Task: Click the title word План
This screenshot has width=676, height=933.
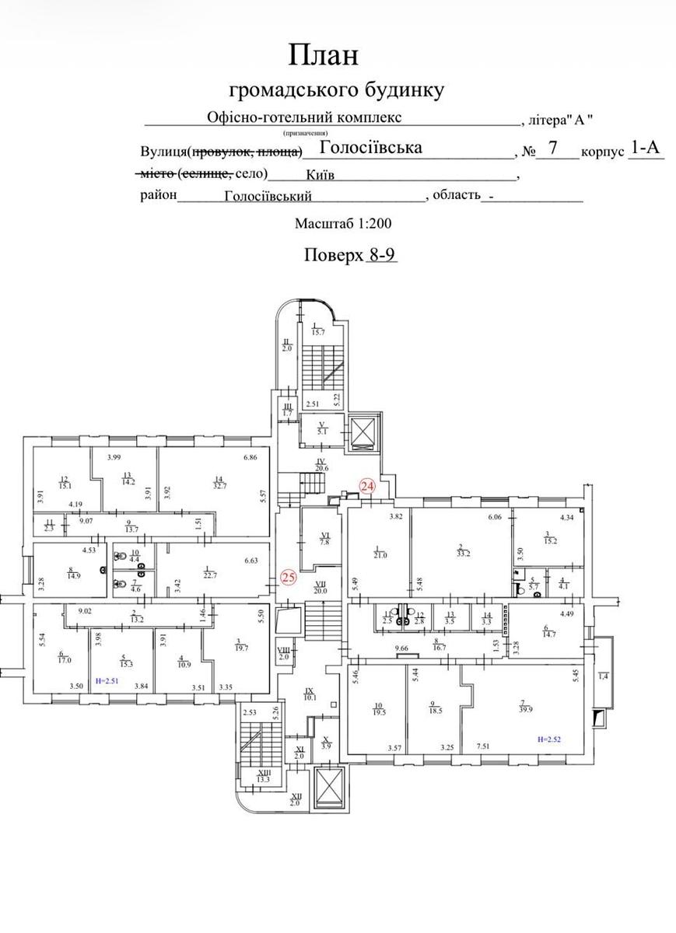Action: (324, 55)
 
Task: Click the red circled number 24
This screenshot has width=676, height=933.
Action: (367, 486)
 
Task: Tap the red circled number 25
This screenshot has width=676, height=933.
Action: (289, 577)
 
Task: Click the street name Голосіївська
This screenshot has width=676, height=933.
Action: (371, 147)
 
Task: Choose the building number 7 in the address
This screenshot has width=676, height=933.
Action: (553, 147)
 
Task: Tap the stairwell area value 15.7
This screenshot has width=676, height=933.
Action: (317, 332)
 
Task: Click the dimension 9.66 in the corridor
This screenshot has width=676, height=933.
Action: (401, 648)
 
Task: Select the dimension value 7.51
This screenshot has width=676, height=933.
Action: (485, 748)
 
